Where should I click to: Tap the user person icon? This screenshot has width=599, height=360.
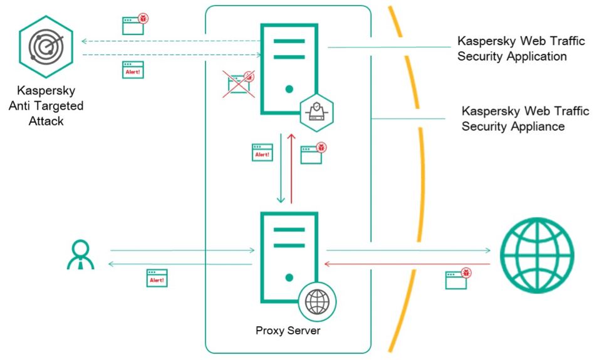pos(80,254)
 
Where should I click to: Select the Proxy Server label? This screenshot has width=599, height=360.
pos(288,331)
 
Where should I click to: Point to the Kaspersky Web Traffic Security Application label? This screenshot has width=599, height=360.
pos(521,49)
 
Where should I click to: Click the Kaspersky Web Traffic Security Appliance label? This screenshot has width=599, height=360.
pos(525,119)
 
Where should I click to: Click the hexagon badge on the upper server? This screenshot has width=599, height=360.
pos(316,111)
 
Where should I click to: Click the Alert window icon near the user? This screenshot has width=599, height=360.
pos(157,277)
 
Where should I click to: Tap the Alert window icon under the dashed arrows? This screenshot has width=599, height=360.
pos(132,69)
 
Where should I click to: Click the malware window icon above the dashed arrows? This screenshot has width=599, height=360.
pos(134,24)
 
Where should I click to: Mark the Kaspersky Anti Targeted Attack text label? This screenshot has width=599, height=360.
pos(46,106)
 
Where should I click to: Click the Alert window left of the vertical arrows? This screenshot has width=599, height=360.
pos(262,152)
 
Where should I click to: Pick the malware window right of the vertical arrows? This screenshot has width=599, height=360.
pos(313,153)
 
